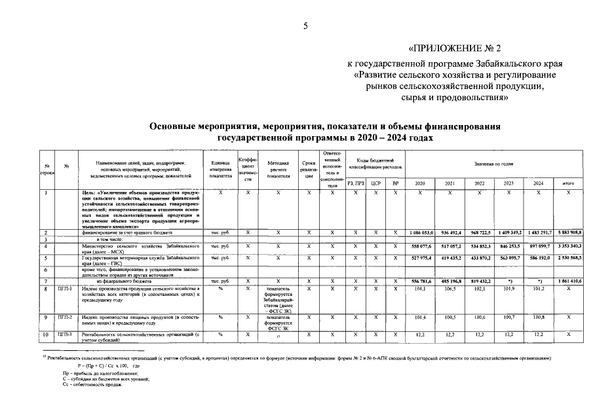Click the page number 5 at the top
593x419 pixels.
[x=305, y=26]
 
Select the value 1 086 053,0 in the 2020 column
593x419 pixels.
[x=421, y=232]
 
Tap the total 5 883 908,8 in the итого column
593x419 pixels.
[x=568, y=232]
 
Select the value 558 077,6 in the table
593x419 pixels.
[x=421, y=246]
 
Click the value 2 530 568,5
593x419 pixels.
[x=568, y=258]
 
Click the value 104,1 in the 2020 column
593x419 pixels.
[x=421, y=287]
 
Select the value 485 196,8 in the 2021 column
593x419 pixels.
[x=450, y=281]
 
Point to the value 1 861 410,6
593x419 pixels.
[x=568, y=281]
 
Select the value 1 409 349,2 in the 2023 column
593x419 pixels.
[x=509, y=232]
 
